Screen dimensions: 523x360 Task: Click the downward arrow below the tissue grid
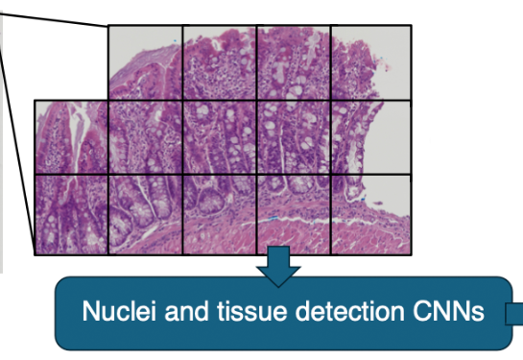(x=279, y=266)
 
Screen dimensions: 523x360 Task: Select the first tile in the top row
(x=145, y=61)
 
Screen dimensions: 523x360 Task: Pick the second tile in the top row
(x=220, y=61)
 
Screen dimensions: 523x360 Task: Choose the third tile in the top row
(x=294, y=61)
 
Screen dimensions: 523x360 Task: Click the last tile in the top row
(x=369, y=61)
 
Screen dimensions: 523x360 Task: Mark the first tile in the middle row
(x=71, y=137)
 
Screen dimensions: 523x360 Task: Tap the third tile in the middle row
(x=220, y=137)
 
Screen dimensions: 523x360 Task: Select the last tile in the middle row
(x=369, y=137)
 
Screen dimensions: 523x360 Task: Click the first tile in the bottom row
(x=71, y=214)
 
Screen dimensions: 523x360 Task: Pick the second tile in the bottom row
(x=145, y=214)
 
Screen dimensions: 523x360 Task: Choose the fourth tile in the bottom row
(x=294, y=214)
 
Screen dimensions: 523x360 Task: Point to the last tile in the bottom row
(x=369, y=214)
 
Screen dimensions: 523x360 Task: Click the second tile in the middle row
(x=145, y=137)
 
